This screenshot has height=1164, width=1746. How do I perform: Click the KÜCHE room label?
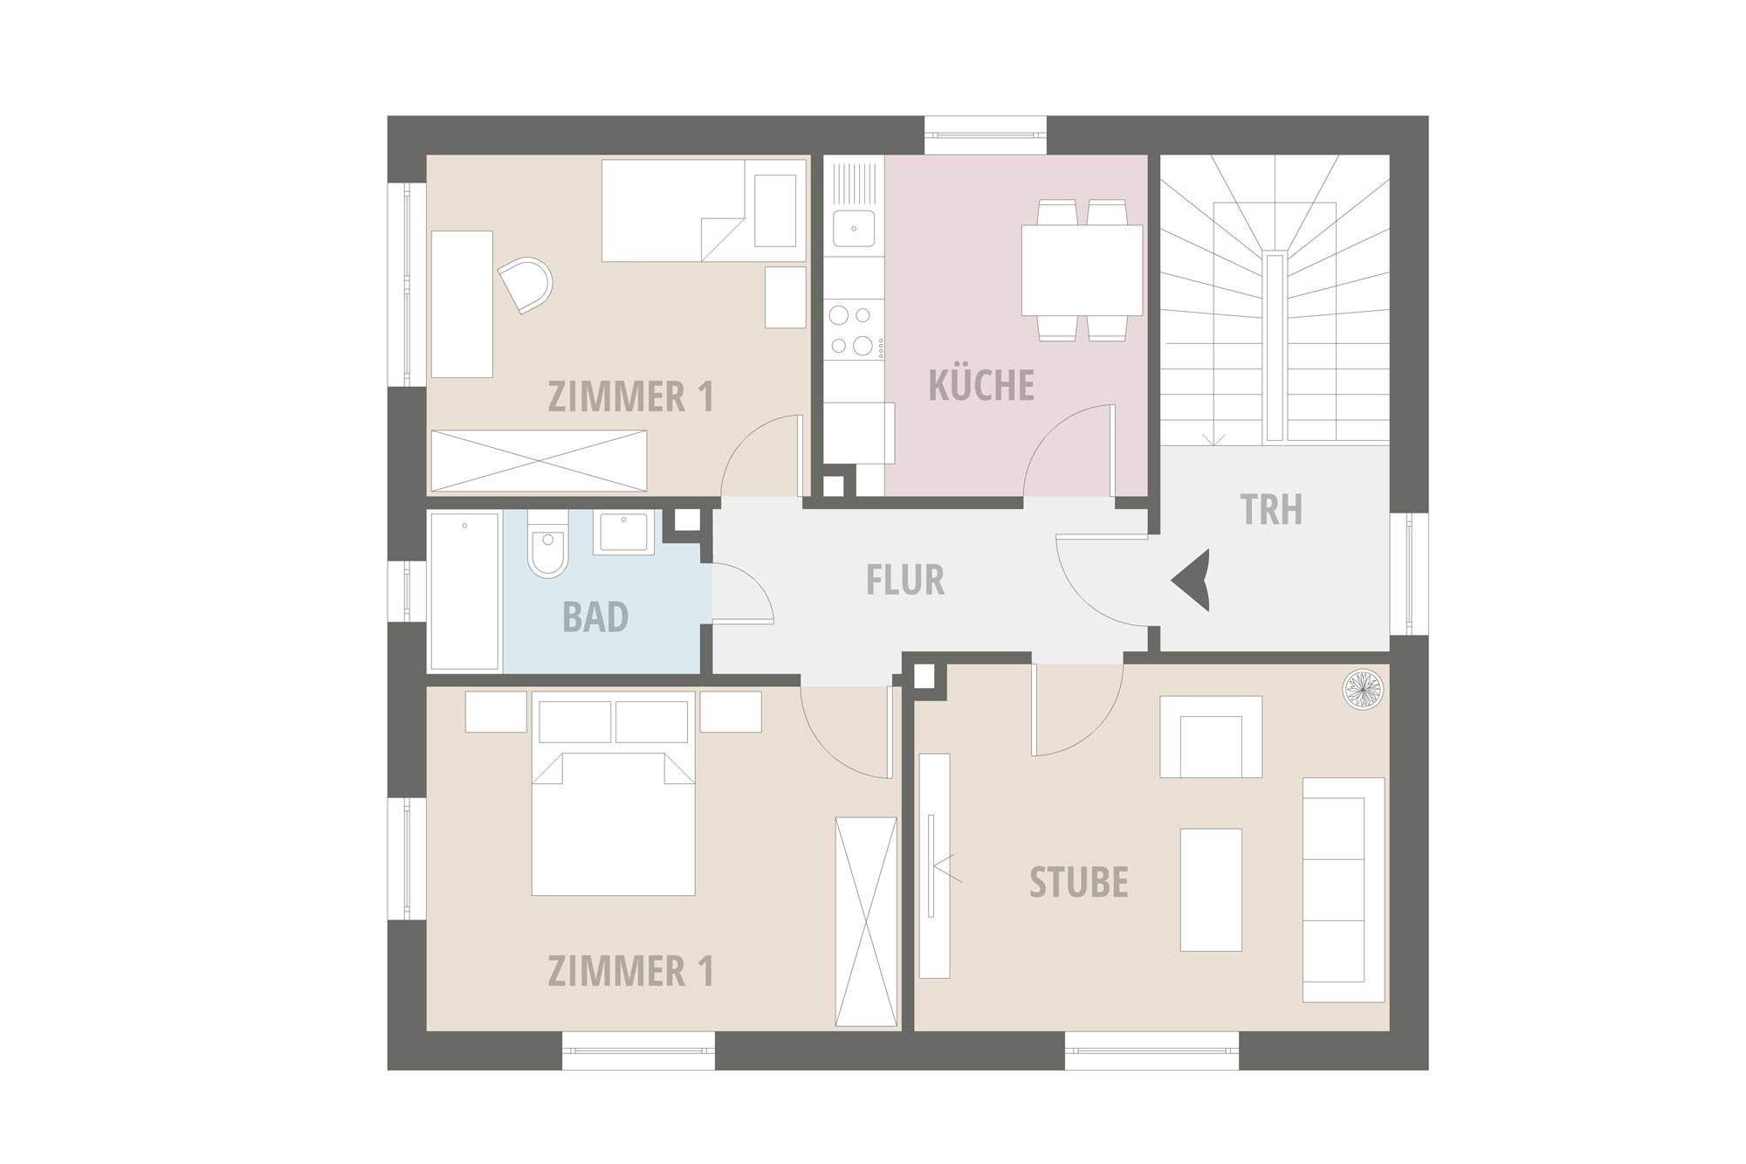(981, 385)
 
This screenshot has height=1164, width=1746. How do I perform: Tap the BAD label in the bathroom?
(595, 616)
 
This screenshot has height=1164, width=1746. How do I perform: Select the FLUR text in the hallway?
(905, 580)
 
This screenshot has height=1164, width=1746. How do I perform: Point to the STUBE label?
(1079, 882)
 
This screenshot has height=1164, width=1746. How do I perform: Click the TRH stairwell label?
(1272, 510)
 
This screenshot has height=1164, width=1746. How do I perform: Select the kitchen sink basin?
(853, 229)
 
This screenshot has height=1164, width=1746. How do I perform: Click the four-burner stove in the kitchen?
(853, 330)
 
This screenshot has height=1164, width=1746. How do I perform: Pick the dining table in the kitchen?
(1082, 271)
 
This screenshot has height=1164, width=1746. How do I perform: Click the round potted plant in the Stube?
(1364, 687)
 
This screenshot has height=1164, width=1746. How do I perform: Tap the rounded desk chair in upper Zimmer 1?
(526, 285)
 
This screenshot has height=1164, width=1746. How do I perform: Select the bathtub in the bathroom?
(464, 591)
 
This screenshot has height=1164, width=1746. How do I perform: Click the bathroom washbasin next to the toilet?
(623, 534)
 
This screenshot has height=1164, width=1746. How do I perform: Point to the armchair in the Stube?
(1211, 736)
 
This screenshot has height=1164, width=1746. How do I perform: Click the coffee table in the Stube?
(1211, 890)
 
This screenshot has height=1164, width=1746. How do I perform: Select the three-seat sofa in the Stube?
(1344, 890)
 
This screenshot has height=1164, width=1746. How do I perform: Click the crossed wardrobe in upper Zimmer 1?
(539, 461)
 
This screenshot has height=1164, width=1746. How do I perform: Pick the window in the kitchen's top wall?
(986, 134)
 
